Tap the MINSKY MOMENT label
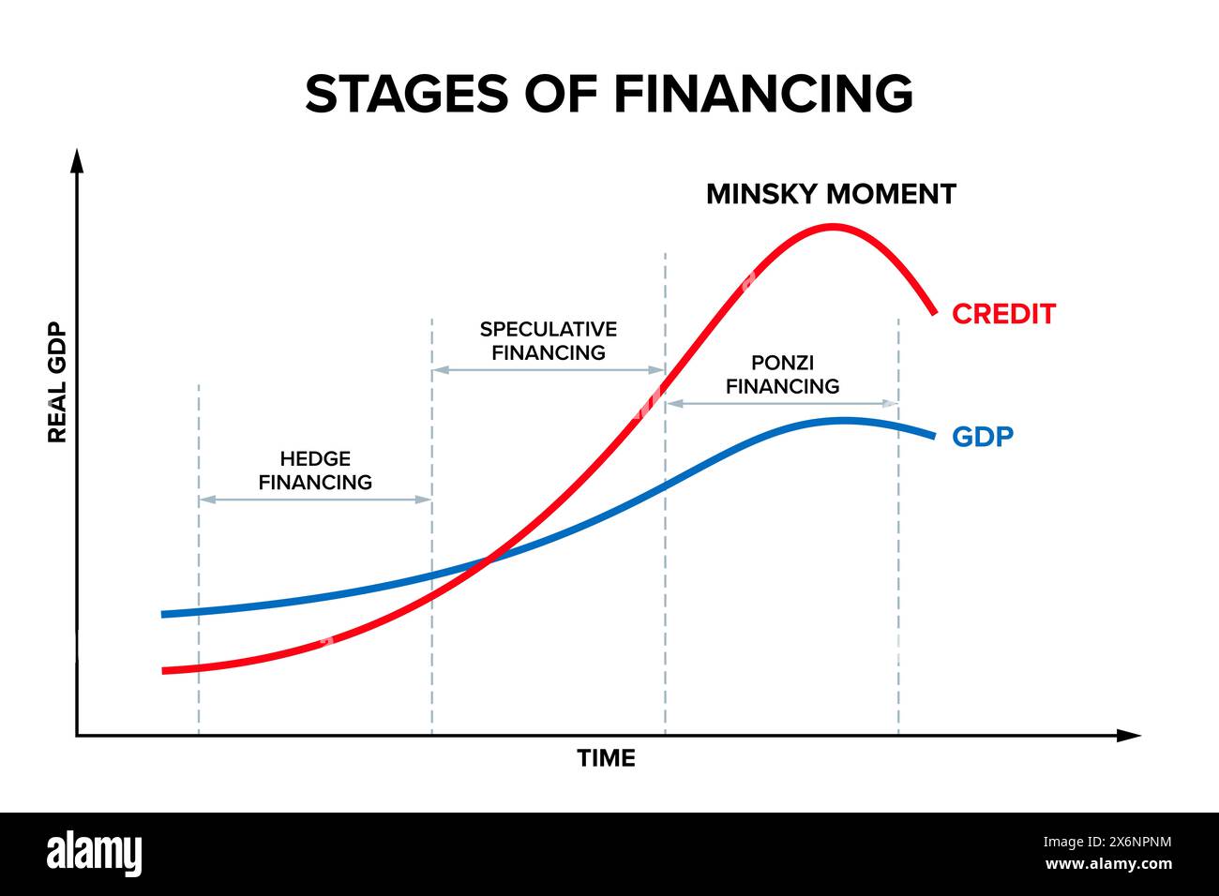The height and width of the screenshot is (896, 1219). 831,194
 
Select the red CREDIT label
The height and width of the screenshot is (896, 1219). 1003,314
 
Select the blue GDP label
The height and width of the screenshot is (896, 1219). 983,437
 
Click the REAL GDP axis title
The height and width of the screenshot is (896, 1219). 57,382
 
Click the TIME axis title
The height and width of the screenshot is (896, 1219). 606,758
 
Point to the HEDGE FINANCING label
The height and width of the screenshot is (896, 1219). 315,470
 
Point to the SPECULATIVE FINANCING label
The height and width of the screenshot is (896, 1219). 549,341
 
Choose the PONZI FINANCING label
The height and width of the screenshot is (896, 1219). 782,374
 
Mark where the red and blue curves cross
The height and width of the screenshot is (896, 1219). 488,560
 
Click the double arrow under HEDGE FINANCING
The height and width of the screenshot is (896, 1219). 315,500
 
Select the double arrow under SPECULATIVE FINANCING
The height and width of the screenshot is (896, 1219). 549,370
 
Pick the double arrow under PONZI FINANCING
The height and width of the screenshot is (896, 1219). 782,403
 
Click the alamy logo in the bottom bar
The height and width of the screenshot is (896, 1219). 95,854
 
